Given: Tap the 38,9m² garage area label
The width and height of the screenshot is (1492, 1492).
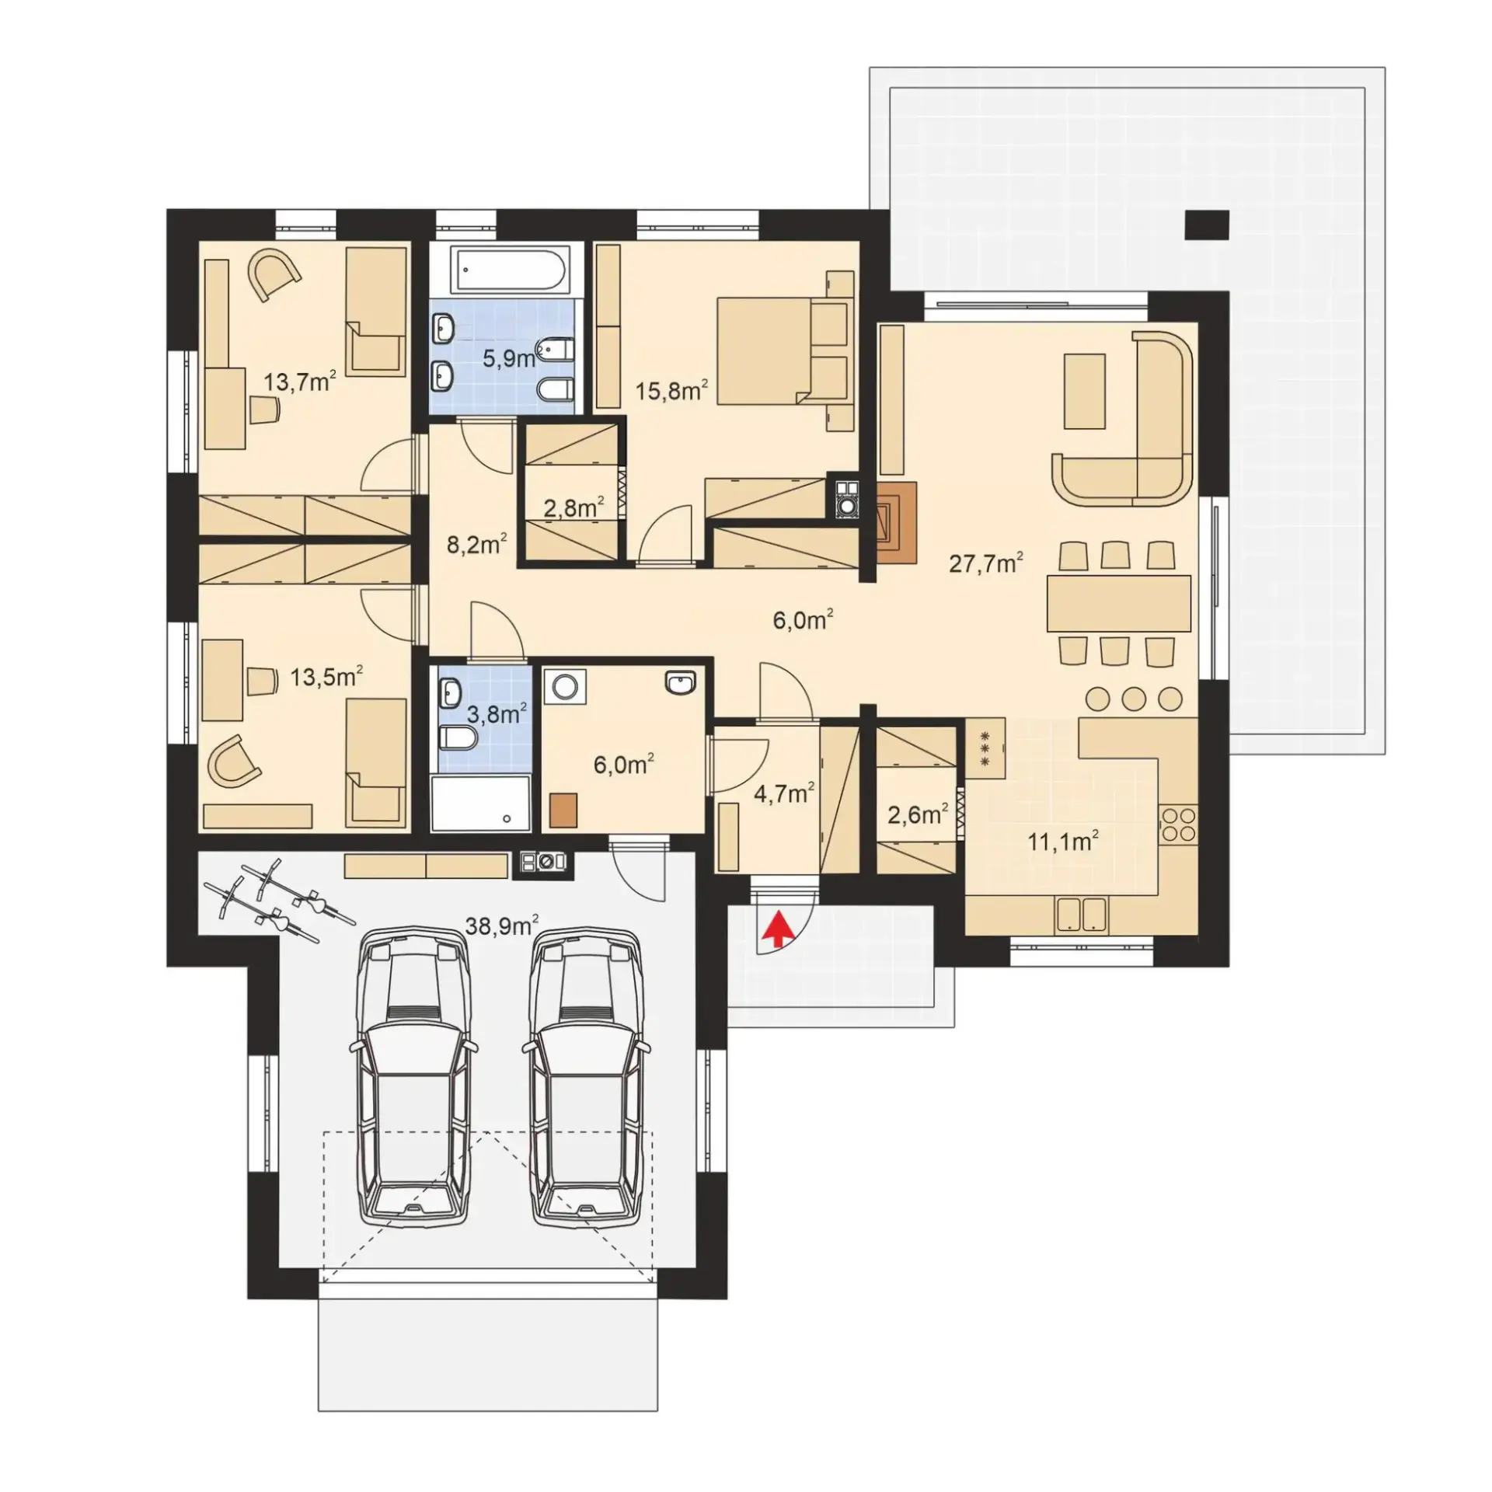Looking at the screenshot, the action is point(502,925).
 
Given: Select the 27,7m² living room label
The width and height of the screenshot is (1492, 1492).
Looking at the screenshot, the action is point(985,562).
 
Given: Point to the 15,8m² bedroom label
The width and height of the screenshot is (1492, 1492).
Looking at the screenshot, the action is point(671,390).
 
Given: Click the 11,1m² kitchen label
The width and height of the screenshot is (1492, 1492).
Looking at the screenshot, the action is point(1063,841).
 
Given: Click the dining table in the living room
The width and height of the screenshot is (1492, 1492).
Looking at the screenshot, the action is point(1118,603).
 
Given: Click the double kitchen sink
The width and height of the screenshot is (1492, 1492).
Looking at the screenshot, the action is point(1081,914).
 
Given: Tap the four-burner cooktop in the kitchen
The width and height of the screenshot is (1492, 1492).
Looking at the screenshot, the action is point(1178,824).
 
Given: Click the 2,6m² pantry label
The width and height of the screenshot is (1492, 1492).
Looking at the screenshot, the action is point(917,814).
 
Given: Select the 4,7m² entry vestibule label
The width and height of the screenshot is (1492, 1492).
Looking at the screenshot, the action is point(784,793).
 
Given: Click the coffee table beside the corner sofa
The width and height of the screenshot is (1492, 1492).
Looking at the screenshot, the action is point(1084,391).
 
